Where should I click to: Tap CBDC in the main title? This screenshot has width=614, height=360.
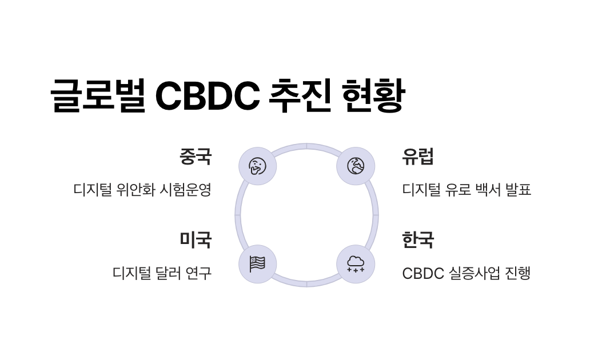(208, 95)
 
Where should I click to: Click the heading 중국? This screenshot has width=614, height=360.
(196, 156)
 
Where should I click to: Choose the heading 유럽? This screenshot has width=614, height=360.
(418, 156)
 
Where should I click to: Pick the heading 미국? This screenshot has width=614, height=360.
(196, 239)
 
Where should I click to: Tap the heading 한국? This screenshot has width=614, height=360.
(418, 239)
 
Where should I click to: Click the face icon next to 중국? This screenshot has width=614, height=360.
(257, 166)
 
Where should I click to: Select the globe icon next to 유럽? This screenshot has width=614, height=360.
(356, 166)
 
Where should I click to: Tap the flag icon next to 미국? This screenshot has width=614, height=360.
(257, 264)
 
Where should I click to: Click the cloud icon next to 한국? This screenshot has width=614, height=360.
(356, 264)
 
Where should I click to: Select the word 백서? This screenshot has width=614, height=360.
(487, 190)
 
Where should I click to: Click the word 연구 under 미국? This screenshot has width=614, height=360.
(199, 273)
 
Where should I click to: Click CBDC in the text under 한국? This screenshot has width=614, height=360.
(423, 273)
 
